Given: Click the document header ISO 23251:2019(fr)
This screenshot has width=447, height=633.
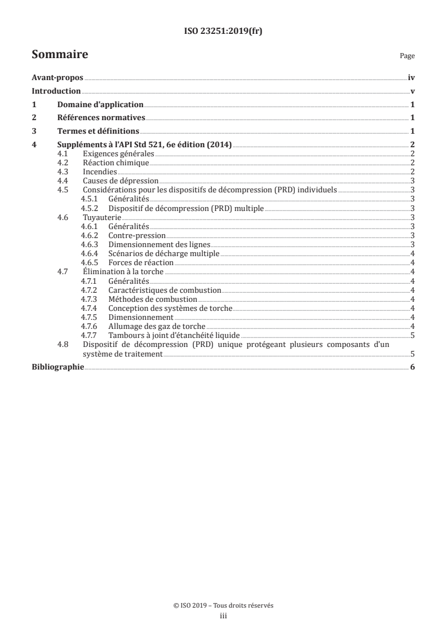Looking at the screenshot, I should [223, 32].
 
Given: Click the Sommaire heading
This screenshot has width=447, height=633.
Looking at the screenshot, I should [60, 55].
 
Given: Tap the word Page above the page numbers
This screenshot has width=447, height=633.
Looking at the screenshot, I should [407, 56].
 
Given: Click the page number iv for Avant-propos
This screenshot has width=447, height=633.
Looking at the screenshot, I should [411, 78].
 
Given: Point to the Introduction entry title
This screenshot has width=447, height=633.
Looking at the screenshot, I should [56, 91].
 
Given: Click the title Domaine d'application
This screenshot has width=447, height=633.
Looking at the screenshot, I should [100, 105].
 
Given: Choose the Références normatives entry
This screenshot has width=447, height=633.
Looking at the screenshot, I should [101, 118].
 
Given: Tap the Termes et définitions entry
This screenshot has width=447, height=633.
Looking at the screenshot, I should [98, 131].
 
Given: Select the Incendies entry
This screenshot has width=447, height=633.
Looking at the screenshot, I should [100, 172].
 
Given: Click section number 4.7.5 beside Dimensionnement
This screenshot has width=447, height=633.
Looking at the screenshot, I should [90, 316].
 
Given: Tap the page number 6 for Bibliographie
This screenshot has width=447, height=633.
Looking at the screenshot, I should [413, 367].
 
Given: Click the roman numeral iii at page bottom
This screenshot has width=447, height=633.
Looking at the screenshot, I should [223, 617].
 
